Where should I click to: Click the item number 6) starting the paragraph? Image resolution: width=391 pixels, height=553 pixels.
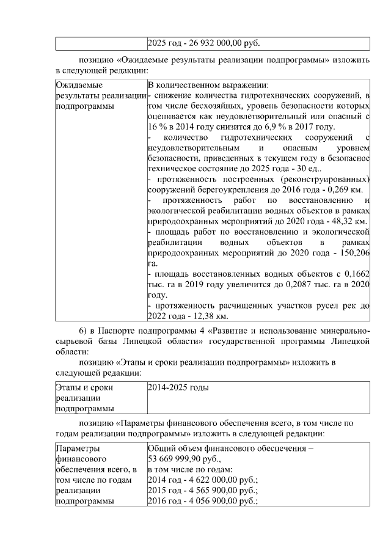85,331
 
